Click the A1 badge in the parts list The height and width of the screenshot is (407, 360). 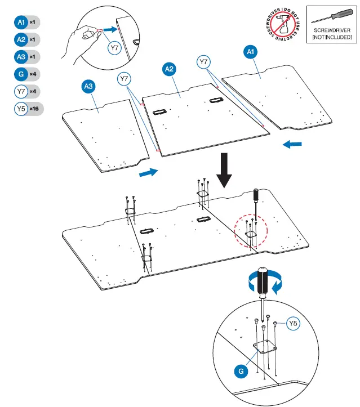pos(21,23)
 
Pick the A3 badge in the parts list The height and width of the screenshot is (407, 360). pos(21,57)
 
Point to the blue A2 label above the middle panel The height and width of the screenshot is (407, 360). pos(168,69)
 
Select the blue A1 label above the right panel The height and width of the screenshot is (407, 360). pos(251,52)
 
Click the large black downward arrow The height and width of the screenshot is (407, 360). pos(225,170)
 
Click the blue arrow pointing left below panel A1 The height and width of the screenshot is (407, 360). pos(292,145)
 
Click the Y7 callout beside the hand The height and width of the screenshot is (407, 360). pos(114,48)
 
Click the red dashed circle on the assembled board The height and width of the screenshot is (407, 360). pos(251,230)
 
